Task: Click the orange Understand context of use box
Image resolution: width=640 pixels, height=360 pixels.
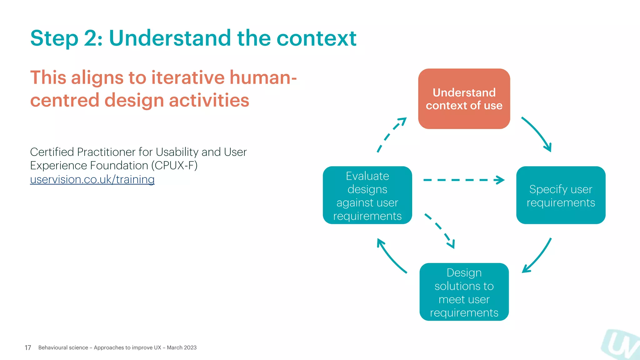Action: [x=464, y=99]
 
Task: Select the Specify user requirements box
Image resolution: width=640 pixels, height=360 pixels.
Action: [x=561, y=195]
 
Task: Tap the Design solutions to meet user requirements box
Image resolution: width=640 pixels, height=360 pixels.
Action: [x=464, y=292]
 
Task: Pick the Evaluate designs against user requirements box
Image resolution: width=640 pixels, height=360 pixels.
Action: [x=367, y=195]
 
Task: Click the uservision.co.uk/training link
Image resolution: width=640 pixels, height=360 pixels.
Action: [x=92, y=179]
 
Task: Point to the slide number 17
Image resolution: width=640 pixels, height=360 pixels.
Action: [x=28, y=347]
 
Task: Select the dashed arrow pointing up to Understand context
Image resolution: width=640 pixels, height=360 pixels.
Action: [x=391, y=134]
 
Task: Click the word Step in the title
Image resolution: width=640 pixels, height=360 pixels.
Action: [x=54, y=38]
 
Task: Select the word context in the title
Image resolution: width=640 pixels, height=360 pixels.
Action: [x=316, y=38]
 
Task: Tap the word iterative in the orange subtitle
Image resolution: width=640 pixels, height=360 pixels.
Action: [x=188, y=77]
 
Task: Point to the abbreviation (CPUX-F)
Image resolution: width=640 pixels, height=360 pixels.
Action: [x=174, y=165]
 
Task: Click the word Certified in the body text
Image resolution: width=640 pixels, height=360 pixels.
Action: [x=52, y=152]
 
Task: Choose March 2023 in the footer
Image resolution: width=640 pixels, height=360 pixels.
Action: [x=182, y=347]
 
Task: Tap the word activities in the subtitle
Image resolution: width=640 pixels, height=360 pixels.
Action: [x=209, y=100]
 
